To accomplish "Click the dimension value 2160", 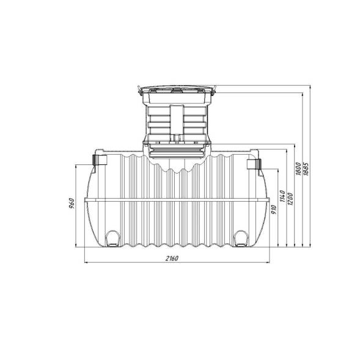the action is (172, 259).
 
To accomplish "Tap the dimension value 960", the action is (72, 203).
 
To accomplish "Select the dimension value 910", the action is (274, 210).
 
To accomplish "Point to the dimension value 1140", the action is (282, 196).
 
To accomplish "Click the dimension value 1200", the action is (290, 199).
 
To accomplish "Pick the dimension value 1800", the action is (298, 169).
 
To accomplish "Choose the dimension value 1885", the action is (306, 169).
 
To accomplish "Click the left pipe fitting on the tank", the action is (100, 160).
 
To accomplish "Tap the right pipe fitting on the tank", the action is (254, 164).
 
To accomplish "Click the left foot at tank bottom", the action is (112, 239).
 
